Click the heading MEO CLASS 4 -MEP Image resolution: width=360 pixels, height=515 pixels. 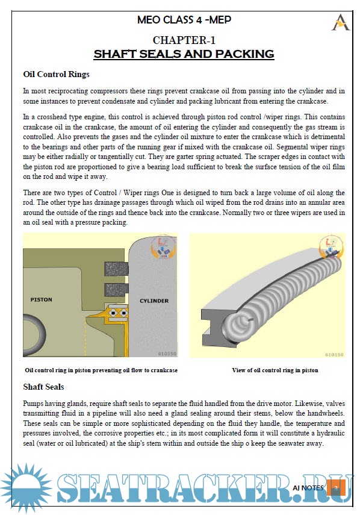[184, 20]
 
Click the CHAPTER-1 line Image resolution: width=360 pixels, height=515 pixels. [184, 40]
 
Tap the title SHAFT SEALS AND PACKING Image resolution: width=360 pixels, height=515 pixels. [184, 54]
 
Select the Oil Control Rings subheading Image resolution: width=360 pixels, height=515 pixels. [56, 74]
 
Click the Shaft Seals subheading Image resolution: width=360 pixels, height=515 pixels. [43, 387]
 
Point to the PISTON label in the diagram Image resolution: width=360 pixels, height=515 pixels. [42, 299]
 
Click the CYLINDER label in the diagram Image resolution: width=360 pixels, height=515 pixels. [154, 301]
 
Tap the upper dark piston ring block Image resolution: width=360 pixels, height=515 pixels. [116, 269]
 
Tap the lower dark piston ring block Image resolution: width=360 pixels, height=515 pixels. [116, 290]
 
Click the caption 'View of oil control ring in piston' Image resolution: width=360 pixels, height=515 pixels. [275, 370]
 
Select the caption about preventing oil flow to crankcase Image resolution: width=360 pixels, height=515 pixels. [101, 370]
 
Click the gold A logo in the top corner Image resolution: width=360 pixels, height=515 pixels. [340, 22]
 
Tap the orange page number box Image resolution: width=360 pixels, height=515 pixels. [336, 488]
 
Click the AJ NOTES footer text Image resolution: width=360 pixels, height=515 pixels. [308, 488]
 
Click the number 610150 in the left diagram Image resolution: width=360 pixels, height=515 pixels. [167, 354]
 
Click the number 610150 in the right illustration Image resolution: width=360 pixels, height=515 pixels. [334, 354]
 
